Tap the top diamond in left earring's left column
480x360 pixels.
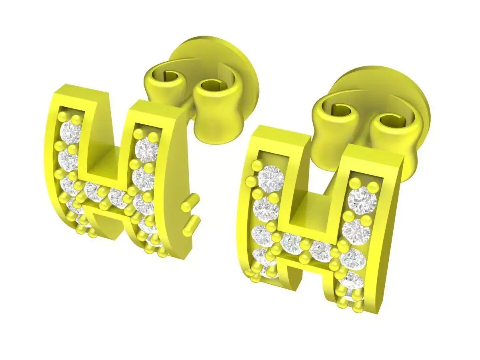(72, 133)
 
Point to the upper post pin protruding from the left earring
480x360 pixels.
(191, 202)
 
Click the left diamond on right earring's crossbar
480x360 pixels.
(291, 243)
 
